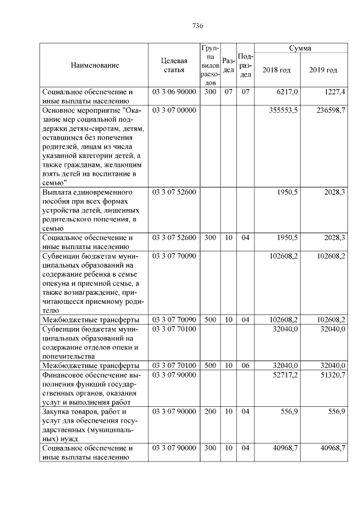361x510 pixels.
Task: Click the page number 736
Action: pyautogui.click(x=197, y=26)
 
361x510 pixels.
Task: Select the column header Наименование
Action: pyautogui.click(x=95, y=65)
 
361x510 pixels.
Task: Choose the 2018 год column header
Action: pyautogui.click(x=276, y=70)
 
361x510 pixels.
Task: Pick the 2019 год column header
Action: pyautogui.click(x=323, y=70)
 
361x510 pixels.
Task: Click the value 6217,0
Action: pyautogui.click(x=288, y=91)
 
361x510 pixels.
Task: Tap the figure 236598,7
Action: pyautogui.click(x=331, y=110)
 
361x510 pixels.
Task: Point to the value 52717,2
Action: pyautogui.click(x=286, y=375)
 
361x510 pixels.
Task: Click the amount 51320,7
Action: pyautogui.click(x=333, y=375)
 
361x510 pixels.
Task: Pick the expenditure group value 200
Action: pyautogui.click(x=210, y=411)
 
